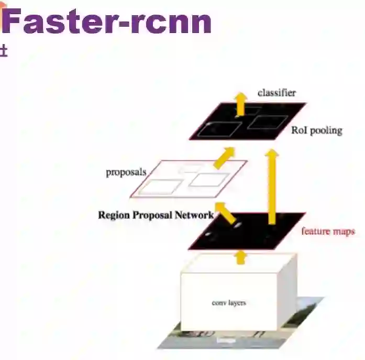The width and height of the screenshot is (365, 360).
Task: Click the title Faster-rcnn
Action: (107, 22)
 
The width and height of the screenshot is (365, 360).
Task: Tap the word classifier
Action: (276, 93)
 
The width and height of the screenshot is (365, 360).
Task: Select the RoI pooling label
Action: (316, 130)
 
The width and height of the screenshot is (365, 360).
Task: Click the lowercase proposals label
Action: (126, 172)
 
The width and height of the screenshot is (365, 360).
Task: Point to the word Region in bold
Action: (113, 215)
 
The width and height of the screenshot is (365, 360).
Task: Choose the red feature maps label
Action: (328, 231)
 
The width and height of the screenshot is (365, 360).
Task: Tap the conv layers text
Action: (229, 303)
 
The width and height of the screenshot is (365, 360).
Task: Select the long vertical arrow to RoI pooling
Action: (272, 186)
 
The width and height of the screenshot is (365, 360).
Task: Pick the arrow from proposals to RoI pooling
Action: (225, 156)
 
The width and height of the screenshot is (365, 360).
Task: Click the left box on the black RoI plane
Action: (223, 128)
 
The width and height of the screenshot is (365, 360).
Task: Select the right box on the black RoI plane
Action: (268, 122)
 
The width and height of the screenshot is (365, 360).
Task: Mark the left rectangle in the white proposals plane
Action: (161, 187)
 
